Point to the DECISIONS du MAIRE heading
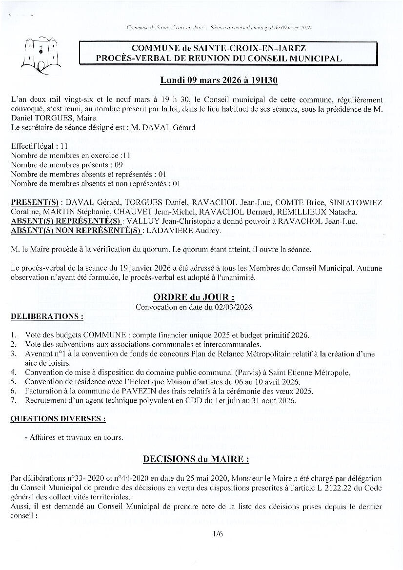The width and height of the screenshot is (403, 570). pyautogui.click(x=196, y=459)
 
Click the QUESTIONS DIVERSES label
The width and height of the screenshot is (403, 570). pyautogui.click(x=58, y=419)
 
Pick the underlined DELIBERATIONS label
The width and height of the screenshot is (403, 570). pyautogui.click(x=46, y=316)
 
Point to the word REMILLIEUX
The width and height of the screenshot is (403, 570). pyautogui.click(x=304, y=212)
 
